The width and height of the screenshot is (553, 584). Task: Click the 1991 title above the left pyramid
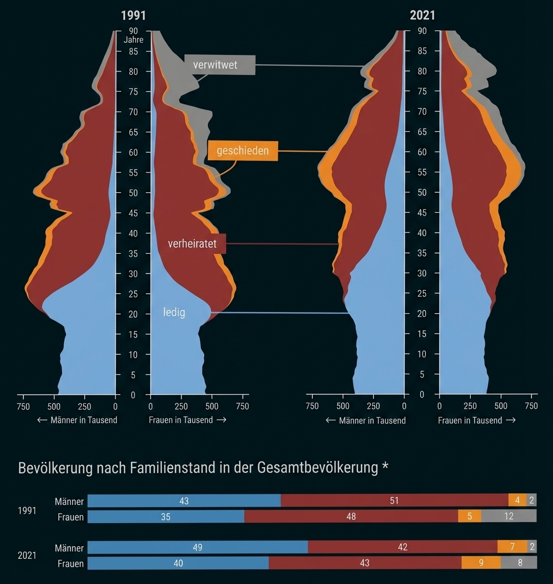tap(133, 15)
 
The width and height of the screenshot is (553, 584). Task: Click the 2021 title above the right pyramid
tap(422, 15)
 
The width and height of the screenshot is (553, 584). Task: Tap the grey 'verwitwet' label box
tap(219, 65)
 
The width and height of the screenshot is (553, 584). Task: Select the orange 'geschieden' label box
tap(242, 151)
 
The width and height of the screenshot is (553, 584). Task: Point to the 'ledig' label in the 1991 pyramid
tap(174, 313)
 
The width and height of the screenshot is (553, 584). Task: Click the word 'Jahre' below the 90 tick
tap(133, 40)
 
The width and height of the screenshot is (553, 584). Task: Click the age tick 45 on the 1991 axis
tap(133, 213)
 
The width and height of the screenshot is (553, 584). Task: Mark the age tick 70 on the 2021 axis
tap(422, 112)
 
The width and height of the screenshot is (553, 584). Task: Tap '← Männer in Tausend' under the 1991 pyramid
tap(77, 420)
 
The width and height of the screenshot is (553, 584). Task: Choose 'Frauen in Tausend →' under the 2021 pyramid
tap(476, 420)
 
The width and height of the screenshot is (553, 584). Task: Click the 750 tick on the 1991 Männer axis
tap(23, 407)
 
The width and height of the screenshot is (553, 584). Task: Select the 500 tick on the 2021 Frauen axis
tap(500, 407)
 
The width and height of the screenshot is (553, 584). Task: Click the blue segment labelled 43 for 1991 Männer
tap(184, 500)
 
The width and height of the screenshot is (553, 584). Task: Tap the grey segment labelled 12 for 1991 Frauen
tap(509, 516)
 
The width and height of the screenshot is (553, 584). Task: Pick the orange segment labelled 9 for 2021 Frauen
tap(481, 563)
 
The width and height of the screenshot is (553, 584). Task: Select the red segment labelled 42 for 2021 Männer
tap(402, 547)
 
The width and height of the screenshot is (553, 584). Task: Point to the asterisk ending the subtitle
tap(385, 467)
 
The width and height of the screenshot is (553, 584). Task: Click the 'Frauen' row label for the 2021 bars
tap(71, 564)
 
